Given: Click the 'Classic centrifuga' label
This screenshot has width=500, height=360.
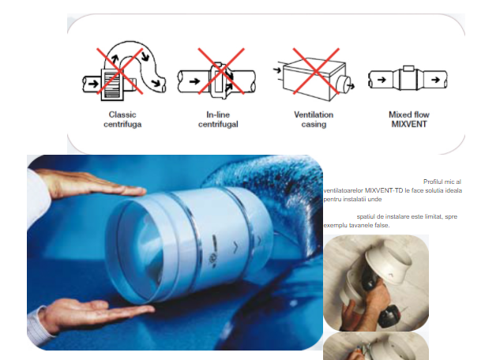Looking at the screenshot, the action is [x=122, y=119].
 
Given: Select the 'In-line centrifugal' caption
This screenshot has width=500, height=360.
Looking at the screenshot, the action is [x=218, y=119].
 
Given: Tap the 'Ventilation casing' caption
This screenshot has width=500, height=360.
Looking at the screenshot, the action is [x=314, y=119].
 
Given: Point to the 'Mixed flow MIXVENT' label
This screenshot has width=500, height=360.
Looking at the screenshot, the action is [x=409, y=119].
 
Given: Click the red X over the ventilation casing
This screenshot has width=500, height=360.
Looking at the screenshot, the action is [x=316, y=71].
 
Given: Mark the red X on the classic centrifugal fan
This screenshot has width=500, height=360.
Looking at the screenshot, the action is [x=120, y=71].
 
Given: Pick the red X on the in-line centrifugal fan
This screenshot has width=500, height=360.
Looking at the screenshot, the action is [x=221, y=71].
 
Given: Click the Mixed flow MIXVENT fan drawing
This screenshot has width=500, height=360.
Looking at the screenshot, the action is [x=408, y=79].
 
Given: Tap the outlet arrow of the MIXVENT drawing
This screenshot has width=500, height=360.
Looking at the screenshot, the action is [x=435, y=80].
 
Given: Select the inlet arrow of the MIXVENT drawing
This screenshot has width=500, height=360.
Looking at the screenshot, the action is [x=382, y=80].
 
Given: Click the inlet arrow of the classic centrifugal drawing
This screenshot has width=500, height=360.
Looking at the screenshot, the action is [x=93, y=84].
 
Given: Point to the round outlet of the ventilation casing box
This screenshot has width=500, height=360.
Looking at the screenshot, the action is [x=344, y=84].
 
